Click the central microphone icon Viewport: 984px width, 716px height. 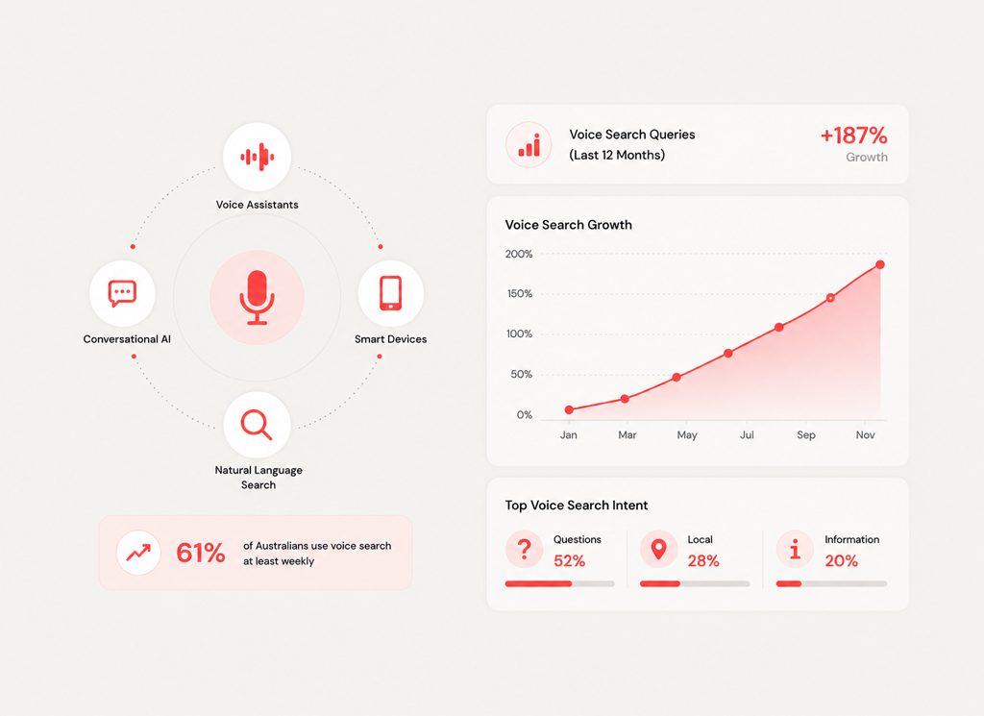click(x=257, y=297)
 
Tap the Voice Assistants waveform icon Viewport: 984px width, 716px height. click(x=258, y=157)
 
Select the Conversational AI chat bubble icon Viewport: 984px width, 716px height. click(x=122, y=293)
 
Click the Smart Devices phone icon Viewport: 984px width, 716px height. click(x=390, y=293)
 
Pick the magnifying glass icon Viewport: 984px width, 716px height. click(x=257, y=425)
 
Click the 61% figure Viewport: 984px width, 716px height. click(x=200, y=553)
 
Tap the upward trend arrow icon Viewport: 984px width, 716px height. click(x=138, y=553)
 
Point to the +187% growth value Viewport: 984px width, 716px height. click(x=854, y=136)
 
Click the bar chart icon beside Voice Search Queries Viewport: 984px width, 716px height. click(x=529, y=145)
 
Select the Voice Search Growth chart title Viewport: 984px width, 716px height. click(x=569, y=225)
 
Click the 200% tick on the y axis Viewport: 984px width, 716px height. click(x=519, y=254)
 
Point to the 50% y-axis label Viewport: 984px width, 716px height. click(x=522, y=375)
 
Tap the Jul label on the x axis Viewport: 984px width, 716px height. click(x=747, y=434)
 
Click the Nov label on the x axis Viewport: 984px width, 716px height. click(x=866, y=434)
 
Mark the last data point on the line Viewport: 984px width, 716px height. click(x=880, y=265)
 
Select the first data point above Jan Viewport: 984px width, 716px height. click(x=569, y=409)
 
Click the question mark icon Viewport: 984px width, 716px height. click(x=525, y=549)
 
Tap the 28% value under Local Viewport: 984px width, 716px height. click(x=703, y=561)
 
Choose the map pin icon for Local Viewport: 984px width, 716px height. click(x=658, y=549)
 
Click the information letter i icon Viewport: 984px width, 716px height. click(x=795, y=549)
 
